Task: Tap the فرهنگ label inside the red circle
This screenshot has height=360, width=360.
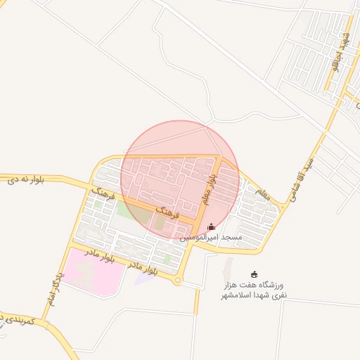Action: (168, 210)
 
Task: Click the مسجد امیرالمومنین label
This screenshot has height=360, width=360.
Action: (211, 238)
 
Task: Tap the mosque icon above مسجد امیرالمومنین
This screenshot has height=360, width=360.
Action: (212, 226)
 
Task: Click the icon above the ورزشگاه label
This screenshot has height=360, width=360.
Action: (255, 274)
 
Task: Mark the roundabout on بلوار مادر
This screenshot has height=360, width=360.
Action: (178, 281)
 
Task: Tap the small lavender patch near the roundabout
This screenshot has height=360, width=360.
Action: (145, 278)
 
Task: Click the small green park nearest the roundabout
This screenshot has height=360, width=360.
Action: (167, 259)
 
